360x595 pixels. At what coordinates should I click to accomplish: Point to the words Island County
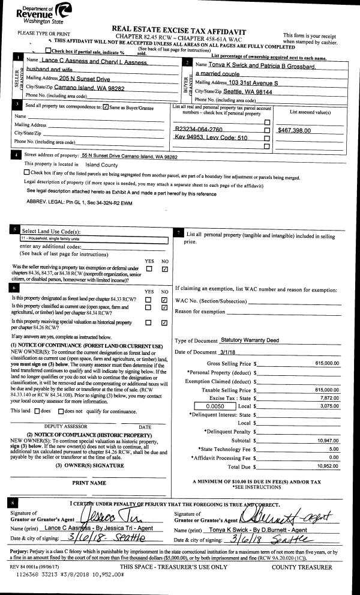pyautogui.click(x=89, y=164)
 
